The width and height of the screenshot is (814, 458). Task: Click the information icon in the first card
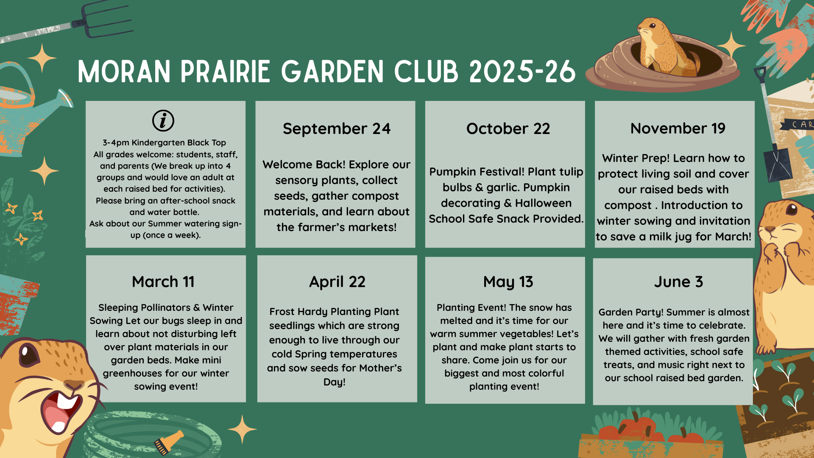[x=163, y=120]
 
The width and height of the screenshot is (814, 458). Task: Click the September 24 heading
[x=337, y=128]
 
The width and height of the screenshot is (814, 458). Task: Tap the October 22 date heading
[x=508, y=128]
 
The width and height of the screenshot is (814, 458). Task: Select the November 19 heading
[x=677, y=128]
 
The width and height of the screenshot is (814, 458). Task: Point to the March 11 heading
[x=163, y=282]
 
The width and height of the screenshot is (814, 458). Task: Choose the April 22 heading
[x=337, y=282]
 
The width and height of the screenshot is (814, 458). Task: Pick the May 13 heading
[x=508, y=282]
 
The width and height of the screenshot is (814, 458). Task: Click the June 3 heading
[x=678, y=282]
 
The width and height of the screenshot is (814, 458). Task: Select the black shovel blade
[x=777, y=164]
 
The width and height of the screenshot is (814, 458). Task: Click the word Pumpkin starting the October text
[x=456, y=172]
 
